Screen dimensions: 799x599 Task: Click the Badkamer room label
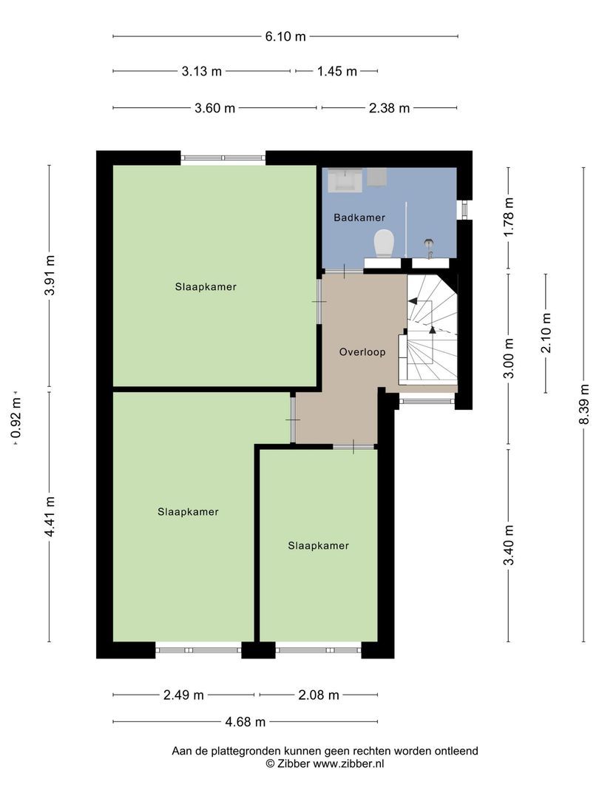[x=359, y=218]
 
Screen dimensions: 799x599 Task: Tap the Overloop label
[x=362, y=352]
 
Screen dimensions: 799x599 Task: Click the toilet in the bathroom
[x=383, y=242]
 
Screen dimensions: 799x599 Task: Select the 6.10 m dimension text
[x=285, y=36]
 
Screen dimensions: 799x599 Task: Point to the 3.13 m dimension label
[x=201, y=72]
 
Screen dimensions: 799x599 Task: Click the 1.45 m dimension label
[x=337, y=72]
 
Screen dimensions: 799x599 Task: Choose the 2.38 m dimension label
[x=389, y=108]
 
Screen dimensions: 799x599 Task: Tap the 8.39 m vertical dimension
[x=584, y=403]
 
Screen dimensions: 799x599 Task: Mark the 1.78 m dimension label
[x=508, y=215]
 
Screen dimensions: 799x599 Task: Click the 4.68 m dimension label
[x=245, y=722]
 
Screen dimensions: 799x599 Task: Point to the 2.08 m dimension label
[x=318, y=695]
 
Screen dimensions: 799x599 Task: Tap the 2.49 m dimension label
[x=183, y=695]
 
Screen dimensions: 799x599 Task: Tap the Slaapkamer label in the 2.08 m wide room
[x=318, y=546]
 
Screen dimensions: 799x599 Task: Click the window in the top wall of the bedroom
[x=223, y=158]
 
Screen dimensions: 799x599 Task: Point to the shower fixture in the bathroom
[x=429, y=243]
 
